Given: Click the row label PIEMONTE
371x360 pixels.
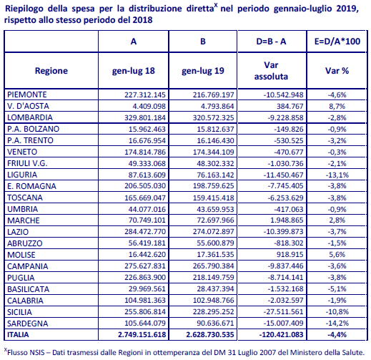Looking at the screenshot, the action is (27, 94).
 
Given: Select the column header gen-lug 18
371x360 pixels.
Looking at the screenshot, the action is (134, 71).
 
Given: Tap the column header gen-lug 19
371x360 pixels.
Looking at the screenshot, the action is (203, 71).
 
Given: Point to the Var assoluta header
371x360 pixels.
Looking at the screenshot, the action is (271, 71).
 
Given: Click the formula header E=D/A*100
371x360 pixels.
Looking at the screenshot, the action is (337, 42).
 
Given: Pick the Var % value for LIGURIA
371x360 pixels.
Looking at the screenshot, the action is (337, 175).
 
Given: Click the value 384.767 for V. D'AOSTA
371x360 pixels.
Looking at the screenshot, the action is (290, 106).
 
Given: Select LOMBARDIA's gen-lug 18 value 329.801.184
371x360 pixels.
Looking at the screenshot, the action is (145, 117).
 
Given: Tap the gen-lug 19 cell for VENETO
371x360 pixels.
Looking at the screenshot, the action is (214, 152).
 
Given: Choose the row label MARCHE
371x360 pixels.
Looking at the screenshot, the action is (24, 220).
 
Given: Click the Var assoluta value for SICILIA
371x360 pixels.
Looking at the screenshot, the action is (283, 312).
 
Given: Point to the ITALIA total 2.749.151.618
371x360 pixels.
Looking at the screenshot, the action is (142, 334).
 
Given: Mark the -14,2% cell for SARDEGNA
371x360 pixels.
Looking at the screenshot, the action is (337, 323).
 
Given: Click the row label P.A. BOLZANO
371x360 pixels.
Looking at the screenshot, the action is (33, 129).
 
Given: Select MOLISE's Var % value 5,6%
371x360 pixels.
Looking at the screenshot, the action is (337, 255).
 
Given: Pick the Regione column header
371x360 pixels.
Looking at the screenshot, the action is (51, 71).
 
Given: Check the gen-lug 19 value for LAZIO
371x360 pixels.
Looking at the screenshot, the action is (214, 232).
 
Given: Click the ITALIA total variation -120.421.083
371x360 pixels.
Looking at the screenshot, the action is (282, 334).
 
